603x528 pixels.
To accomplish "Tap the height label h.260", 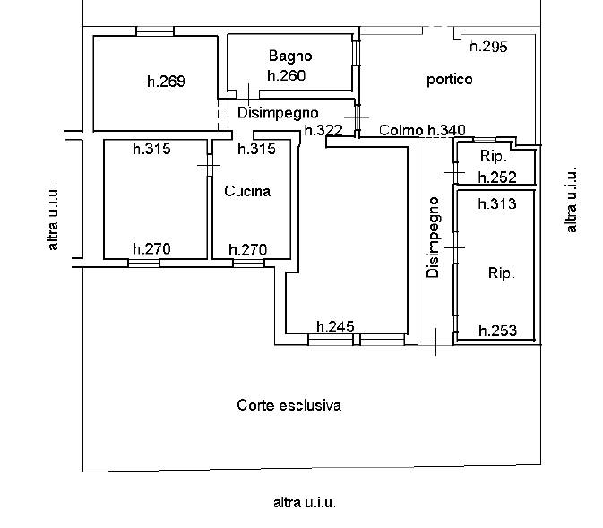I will click(287, 75).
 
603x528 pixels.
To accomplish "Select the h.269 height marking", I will click(166, 82).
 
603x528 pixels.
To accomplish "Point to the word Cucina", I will click(247, 191).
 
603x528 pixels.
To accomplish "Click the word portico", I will click(449, 80).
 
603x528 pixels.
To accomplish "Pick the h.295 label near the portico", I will click(489, 47).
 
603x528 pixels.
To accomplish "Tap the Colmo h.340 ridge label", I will click(423, 131).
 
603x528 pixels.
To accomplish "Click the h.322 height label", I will click(323, 131).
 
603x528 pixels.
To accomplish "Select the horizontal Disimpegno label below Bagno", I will click(279, 113).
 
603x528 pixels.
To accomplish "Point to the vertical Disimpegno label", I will click(434, 237).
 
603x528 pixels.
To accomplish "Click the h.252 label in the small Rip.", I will click(498, 177).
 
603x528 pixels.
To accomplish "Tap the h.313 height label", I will click(497, 203).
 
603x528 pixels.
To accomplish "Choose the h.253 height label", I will click(497, 331).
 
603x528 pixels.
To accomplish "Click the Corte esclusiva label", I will click(289, 405).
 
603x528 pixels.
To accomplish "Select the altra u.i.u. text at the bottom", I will click(305, 503).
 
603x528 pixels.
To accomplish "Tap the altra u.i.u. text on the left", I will click(54, 218).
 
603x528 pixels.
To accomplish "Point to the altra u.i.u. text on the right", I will click(572, 200).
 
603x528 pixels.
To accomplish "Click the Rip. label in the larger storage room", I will click(502, 273).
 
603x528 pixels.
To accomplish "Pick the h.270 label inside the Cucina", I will click(248, 249).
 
